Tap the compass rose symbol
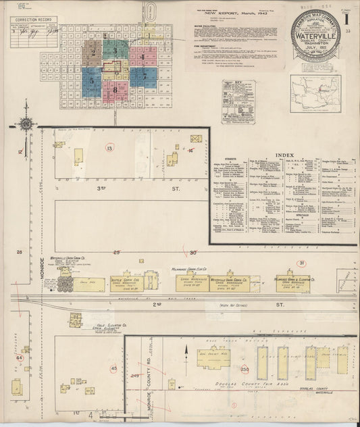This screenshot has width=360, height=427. coord(26,124)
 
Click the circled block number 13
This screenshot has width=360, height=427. coord(109,147)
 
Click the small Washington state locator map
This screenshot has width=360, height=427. coord(315,92)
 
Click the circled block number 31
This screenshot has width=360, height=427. coord(302,263)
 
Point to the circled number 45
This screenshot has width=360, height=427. coord(113,368)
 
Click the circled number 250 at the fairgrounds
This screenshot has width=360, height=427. coord(244,369)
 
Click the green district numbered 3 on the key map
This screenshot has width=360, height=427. coord(116,50)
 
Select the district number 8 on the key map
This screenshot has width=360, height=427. coord(116,89)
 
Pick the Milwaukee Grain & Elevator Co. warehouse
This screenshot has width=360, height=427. coord(292,282)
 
